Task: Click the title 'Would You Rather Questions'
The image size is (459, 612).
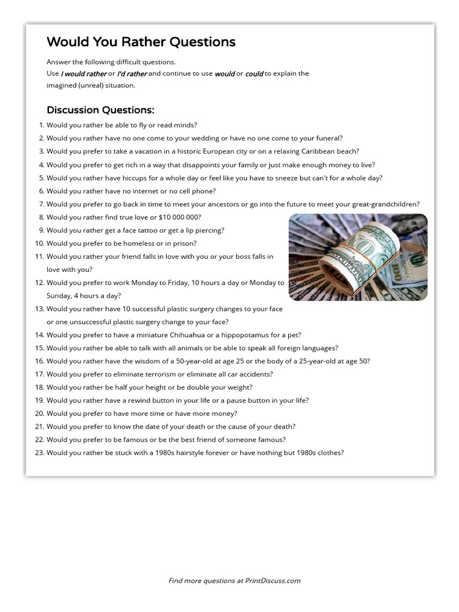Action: (141, 42)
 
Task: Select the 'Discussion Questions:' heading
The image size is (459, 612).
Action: (100, 110)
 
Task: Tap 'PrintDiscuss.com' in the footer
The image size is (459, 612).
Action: (273, 580)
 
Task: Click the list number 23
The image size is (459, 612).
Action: (39, 452)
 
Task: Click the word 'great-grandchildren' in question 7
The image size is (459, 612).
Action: (387, 204)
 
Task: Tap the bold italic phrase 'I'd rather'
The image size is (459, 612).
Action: (131, 74)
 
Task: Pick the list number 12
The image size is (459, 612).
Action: (39, 283)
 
